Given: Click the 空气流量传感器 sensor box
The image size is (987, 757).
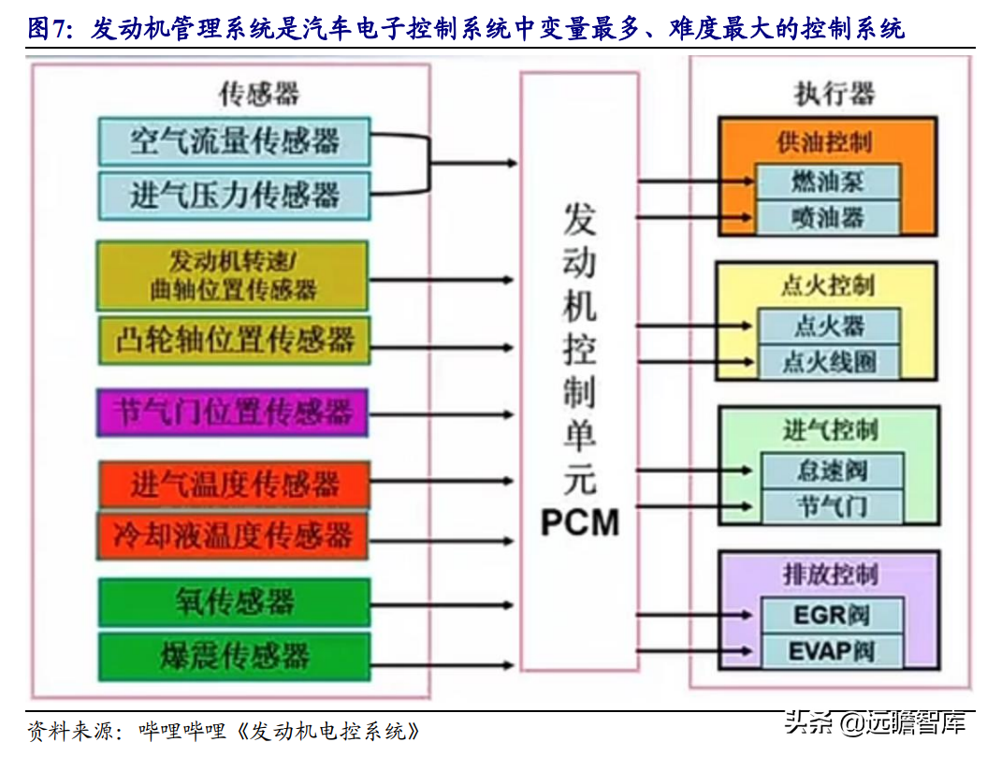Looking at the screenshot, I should pos(234,141).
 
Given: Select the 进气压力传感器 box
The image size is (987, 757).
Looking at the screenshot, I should pos(234,195).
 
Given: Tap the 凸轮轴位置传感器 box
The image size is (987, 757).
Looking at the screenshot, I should pos(234,339).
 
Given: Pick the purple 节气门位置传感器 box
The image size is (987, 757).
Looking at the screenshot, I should pos(234,412).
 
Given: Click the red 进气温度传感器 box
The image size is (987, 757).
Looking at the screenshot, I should pos(234,485).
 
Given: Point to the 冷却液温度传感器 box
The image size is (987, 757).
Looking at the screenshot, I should pos(234,535).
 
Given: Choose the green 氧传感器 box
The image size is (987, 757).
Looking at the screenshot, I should pos(234,602).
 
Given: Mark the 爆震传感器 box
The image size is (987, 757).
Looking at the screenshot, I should pos(234,654).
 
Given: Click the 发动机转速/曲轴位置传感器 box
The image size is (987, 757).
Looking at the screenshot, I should pos(234,274).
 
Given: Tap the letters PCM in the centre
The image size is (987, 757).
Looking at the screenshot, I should pos(580,522).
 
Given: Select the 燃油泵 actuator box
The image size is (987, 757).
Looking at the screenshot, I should pos(829,182).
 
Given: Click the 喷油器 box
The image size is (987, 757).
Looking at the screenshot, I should pos(829,218).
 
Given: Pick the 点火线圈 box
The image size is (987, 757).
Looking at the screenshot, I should pos(829,361).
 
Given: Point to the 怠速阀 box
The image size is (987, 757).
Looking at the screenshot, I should pos(832,470).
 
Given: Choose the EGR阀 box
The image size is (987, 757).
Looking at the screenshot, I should pos(832,615).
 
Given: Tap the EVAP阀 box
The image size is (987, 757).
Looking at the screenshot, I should pos(832,651).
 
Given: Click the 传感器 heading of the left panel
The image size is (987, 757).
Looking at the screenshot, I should pos(259,94).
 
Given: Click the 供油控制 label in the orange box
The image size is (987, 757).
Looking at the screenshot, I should pos(824,141).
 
